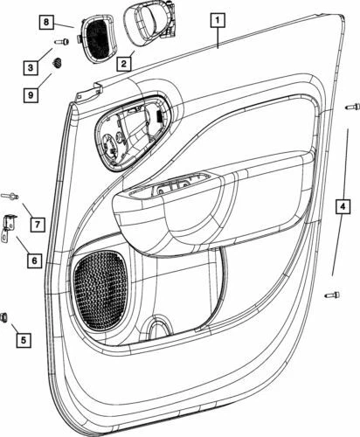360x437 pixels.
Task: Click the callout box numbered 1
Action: click(217, 17)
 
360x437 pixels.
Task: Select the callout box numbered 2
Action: click(124, 63)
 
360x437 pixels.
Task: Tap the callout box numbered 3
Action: click(30, 67)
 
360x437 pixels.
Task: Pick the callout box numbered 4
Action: click(343, 207)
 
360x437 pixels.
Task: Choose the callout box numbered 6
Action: click(33, 260)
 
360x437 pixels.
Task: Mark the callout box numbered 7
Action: click(38, 225)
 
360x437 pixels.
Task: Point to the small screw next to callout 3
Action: click(61, 41)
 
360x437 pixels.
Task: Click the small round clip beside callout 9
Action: click(58, 65)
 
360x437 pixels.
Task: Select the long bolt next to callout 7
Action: click(10, 197)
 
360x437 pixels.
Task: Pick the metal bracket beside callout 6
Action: click(11, 227)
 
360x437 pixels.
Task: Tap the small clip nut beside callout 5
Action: click(5, 316)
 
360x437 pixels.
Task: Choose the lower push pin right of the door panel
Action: click(331, 295)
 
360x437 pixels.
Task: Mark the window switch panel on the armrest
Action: click(180, 189)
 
